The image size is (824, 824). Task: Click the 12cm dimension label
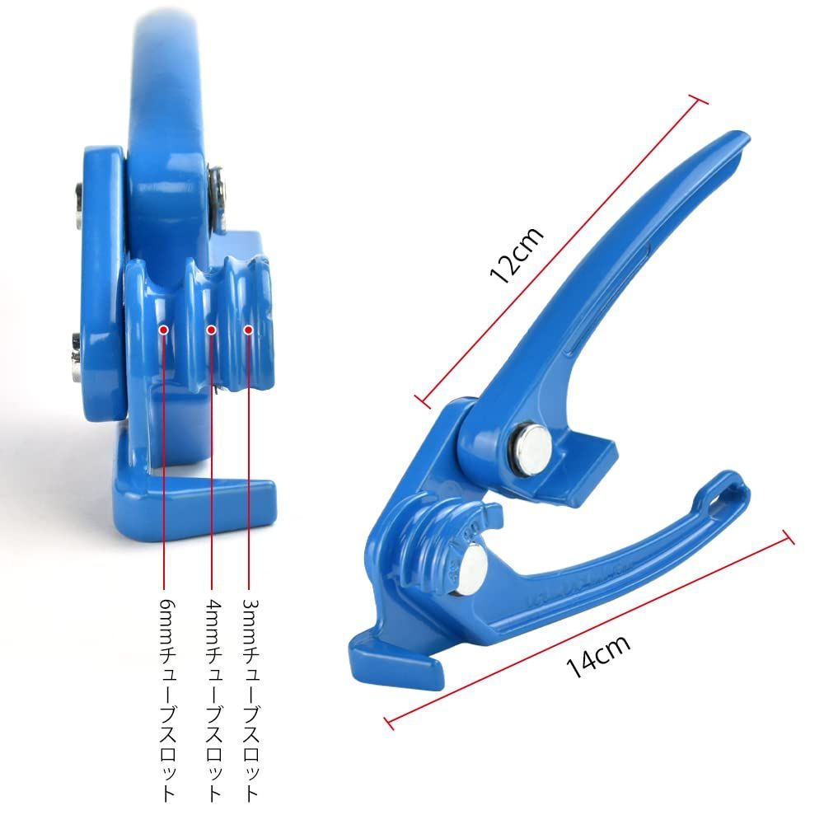pos(516,255)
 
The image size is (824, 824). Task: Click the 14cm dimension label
pos(598,656)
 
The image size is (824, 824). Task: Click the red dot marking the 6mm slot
pos(163,330)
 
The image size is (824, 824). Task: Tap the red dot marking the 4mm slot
pos(211,330)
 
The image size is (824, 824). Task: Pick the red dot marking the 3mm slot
pos(249,330)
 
